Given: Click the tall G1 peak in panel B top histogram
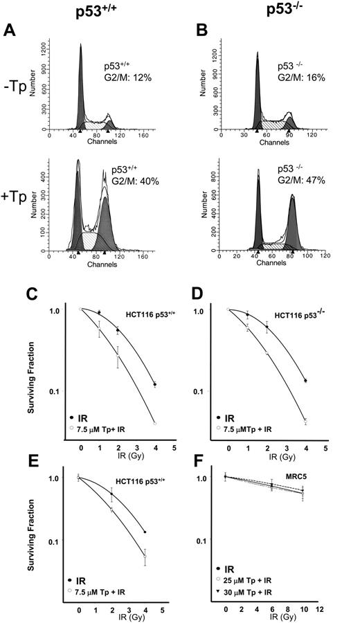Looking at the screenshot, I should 257,83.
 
